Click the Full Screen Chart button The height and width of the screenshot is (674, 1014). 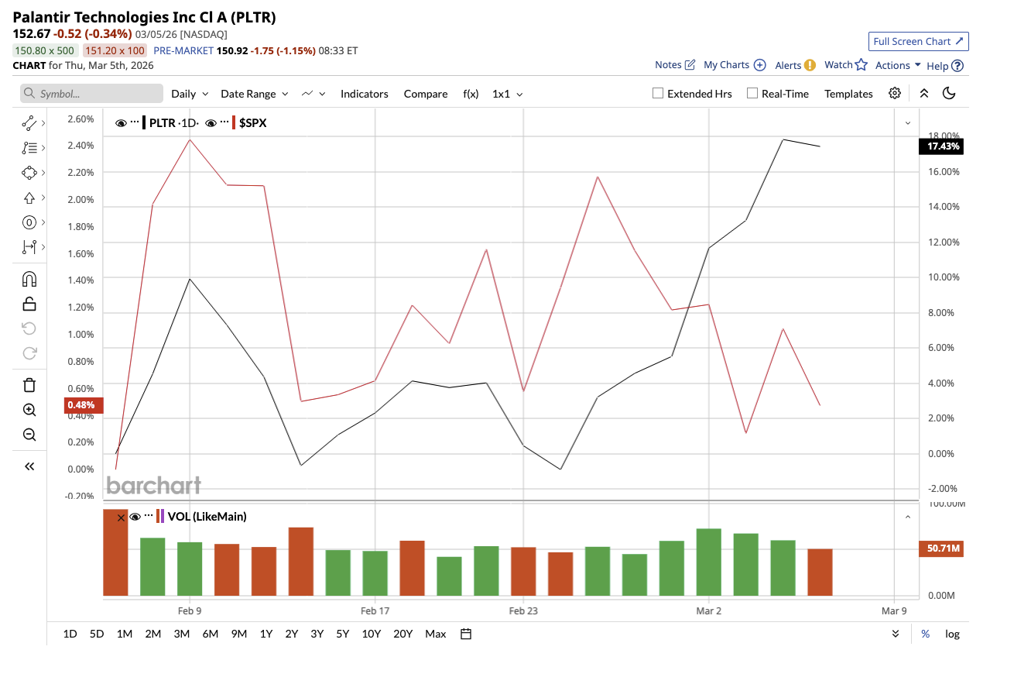pos(918,41)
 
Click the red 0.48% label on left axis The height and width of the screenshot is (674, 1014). pos(81,404)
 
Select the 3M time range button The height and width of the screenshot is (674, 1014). pos(182,634)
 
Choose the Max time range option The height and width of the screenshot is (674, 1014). pos(435,634)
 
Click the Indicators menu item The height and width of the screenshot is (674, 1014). pos(364,94)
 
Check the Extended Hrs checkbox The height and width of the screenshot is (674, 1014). pos(658,94)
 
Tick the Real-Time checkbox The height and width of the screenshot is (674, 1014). pos(752,94)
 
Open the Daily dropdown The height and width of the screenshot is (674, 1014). pos(190,94)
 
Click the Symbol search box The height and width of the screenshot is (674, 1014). pos(91,94)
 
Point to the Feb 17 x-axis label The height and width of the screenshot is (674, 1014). pos(375,610)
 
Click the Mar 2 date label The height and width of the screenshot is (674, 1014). pos(708,610)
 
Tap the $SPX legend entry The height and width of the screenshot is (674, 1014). pos(252,122)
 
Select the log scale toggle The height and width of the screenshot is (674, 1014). pos(952,634)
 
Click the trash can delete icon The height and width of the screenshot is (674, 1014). pos(29,385)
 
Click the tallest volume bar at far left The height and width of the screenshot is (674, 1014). pos(115,553)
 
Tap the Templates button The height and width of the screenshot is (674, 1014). pos(848,94)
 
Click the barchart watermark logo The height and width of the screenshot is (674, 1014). pos(153,486)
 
